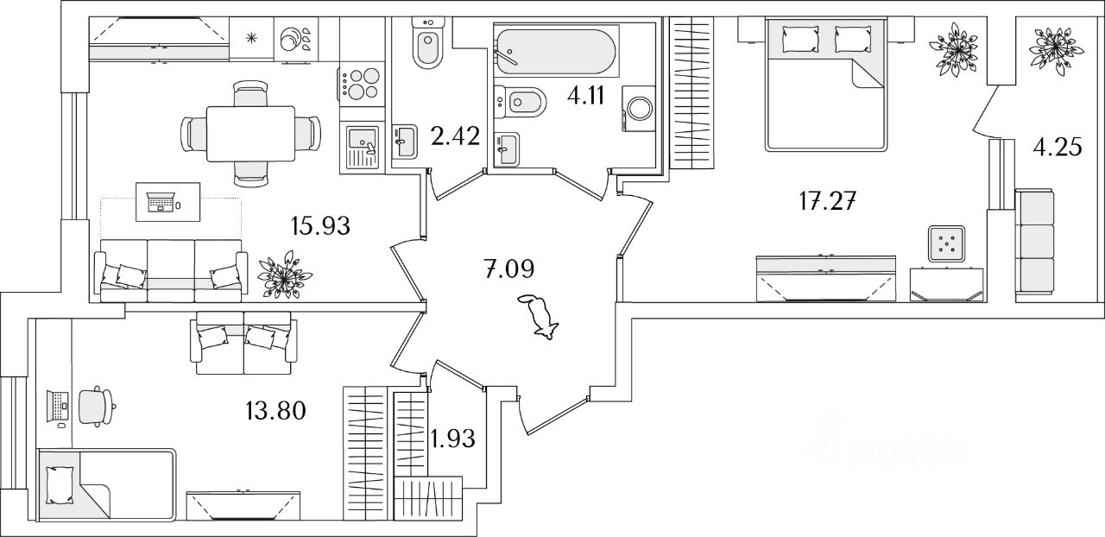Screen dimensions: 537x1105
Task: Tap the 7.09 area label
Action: pyautogui.click(x=508, y=268)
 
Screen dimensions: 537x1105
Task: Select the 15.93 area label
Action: pyautogui.click(x=320, y=226)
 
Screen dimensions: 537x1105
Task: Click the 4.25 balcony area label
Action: pyautogui.click(x=1058, y=148)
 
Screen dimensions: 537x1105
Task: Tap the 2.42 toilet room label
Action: pyautogui.click(x=454, y=136)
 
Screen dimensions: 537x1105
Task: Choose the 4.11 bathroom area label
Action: pyautogui.click(x=585, y=94)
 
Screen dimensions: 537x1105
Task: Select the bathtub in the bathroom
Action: pyautogui.click(x=554, y=54)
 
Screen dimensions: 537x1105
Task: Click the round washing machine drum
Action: pyautogui.click(x=641, y=109)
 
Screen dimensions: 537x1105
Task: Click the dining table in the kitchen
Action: pyautogui.click(x=250, y=133)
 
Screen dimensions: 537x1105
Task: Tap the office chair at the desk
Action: pyautogui.click(x=95, y=406)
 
